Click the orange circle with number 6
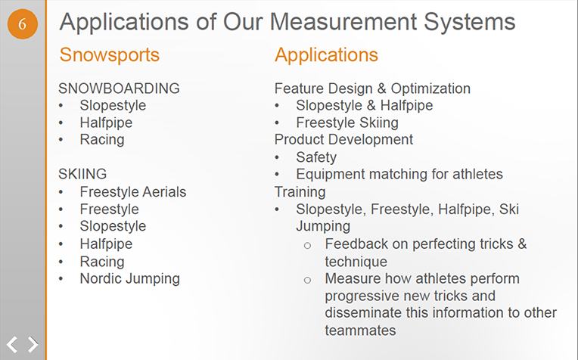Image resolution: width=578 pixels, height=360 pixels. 23,24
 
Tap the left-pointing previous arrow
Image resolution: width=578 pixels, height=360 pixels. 12,345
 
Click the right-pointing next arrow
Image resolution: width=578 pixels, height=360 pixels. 33,345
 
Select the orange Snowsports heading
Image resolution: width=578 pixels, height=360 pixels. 110,55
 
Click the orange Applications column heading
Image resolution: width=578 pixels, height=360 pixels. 326,55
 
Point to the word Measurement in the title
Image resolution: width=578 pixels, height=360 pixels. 343,21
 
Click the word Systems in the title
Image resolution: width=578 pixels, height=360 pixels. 469,22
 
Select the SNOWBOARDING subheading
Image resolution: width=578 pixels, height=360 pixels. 119,88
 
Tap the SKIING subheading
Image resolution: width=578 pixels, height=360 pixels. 82,174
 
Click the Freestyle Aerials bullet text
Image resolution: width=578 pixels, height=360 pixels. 133,192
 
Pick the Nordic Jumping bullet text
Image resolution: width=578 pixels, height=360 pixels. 130,279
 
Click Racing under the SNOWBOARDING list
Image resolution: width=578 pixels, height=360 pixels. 102,140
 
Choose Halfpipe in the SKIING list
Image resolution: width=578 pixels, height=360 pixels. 106,244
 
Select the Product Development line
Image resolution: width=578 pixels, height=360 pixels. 343,140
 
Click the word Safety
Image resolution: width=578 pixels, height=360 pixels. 316,157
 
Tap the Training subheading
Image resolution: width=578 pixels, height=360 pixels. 300,192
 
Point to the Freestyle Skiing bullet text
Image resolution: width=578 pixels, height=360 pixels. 347,123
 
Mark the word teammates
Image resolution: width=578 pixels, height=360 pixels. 360,331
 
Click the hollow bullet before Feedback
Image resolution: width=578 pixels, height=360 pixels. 307,246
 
